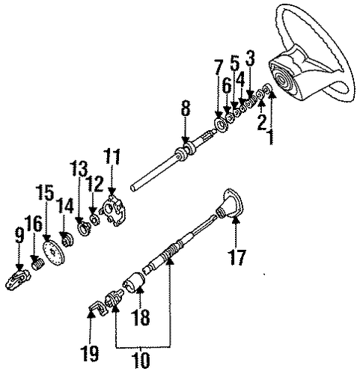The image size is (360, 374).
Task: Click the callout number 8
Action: pos(185,108)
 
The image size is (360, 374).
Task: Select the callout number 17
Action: pos(237,257)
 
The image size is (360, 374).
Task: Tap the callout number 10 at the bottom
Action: pos(141,360)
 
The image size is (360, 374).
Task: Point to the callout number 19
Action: pos(89,352)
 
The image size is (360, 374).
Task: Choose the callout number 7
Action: pos(218,67)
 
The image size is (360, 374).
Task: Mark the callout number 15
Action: pos(46,192)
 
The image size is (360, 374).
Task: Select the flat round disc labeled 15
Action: pos(53,254)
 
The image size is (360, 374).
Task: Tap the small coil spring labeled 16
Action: pos(38,264)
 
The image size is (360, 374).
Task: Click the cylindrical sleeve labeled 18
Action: pos(134,282)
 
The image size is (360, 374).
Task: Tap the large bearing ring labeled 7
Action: pos(222,125)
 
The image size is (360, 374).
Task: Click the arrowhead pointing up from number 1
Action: pos(272,95)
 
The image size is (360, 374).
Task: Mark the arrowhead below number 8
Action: pos(185,141)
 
